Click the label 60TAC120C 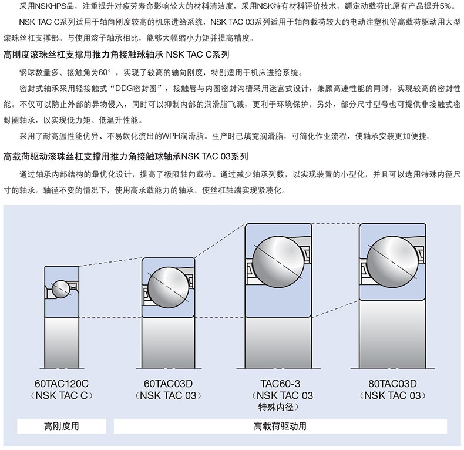61,384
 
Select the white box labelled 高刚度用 61,427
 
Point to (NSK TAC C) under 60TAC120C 61,395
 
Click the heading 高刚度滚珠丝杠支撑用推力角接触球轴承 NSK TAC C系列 116,56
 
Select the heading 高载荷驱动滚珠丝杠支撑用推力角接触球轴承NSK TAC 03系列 126,157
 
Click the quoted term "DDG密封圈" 140,89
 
